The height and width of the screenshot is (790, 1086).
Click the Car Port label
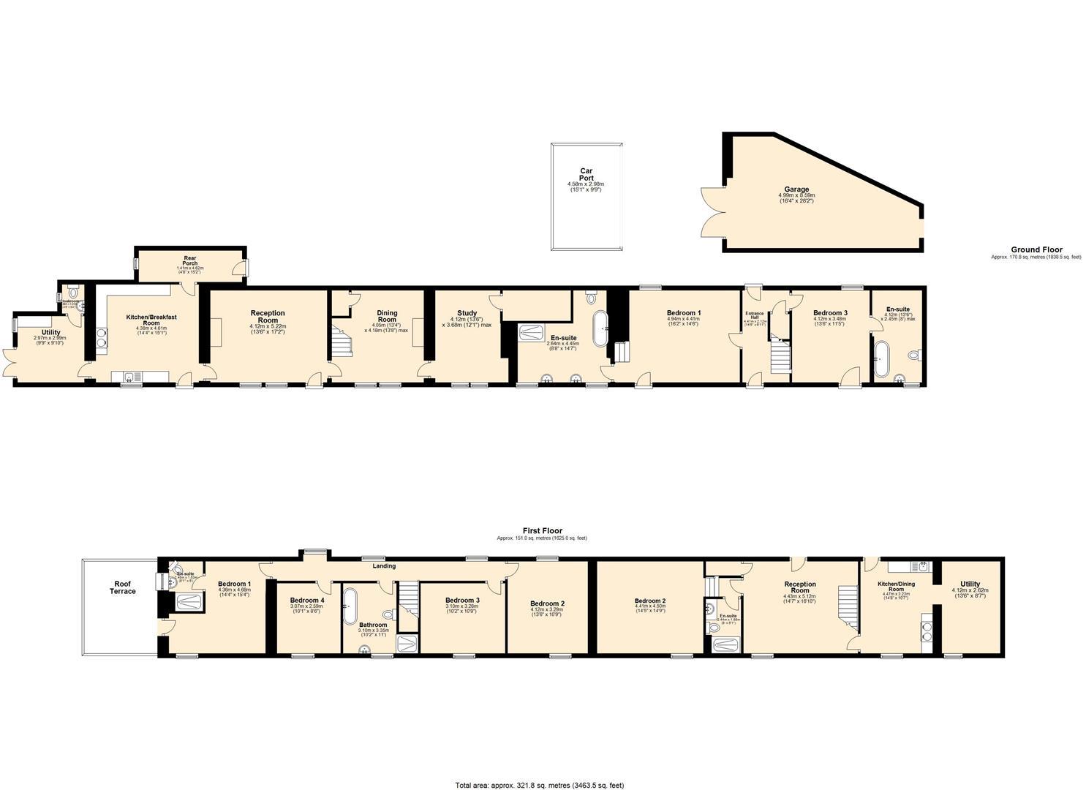(586, 174)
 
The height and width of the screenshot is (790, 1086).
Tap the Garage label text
(797, 189)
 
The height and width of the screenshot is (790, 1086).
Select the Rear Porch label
(190, 261)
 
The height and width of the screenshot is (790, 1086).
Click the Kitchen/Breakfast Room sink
(129, 377)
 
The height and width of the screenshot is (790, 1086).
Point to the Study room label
(467, 314)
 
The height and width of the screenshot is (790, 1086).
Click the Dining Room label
(387, 316)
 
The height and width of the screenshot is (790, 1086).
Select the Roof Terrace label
(123, 587)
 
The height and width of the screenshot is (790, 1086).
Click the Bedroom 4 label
(307, 600)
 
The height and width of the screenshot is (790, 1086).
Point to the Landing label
(384, 566)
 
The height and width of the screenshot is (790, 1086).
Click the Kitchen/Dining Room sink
(923, 566)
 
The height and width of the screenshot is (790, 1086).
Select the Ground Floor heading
(1036, 249)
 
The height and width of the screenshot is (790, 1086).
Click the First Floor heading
(542, 531)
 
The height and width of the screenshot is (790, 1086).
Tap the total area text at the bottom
(540, 786)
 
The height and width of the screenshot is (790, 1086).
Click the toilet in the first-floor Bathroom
(388, 614)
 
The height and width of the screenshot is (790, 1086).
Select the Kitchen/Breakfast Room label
(151, 320)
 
